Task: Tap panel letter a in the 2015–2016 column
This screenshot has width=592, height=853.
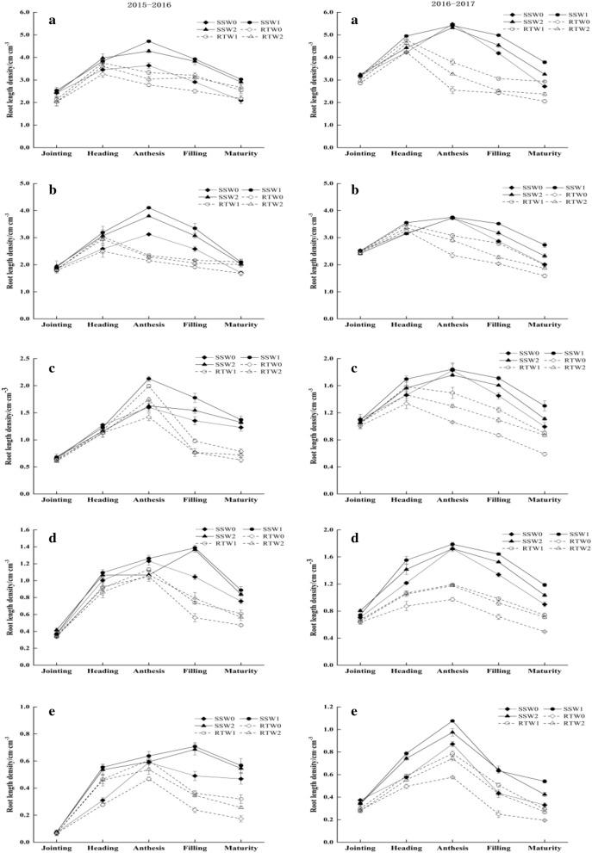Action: [54, 21]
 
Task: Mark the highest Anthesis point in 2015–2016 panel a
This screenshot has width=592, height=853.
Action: [148, 41]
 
